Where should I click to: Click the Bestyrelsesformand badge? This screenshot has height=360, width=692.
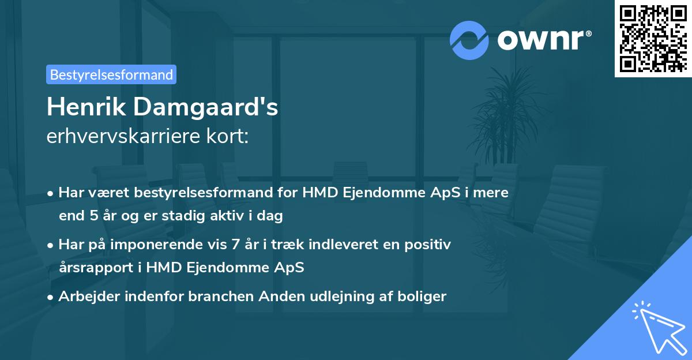(111, 74)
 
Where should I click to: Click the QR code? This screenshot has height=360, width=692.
(653, 38)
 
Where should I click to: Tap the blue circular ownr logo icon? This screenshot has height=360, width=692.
(469, 39)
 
